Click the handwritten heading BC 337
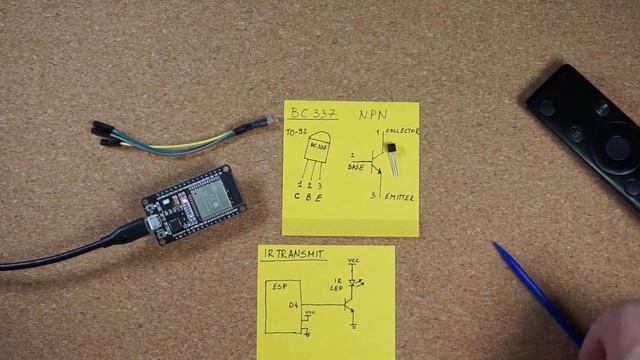312,114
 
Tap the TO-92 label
296,133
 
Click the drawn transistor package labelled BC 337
318,154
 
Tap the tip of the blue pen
495,245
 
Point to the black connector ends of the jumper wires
105,136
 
